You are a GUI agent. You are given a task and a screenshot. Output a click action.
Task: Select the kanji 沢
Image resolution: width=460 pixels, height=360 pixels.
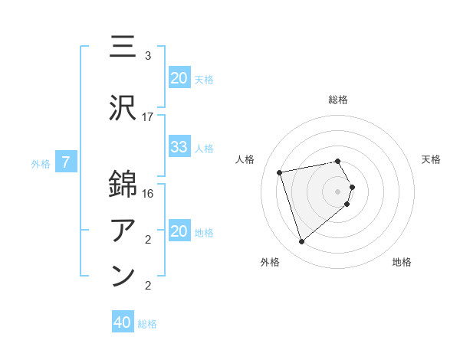pyautogui.click(x=123, y=108)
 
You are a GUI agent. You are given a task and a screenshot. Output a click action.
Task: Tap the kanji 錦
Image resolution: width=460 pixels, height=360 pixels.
pyautogui.click(x=123, y=185)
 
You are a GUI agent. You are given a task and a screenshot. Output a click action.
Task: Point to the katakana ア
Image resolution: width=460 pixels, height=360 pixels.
pyautogui.click(x=123, y=229)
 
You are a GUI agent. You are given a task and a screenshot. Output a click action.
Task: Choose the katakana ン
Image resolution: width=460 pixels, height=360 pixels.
pyautogui.click(x=123, y=274)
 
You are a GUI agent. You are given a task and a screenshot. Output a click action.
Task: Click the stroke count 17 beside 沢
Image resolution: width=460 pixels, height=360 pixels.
pyautogui.click(x=148, y=117)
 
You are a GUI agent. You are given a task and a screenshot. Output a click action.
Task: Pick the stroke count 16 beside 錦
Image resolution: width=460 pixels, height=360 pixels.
pyautogui.click(x=148, y=194)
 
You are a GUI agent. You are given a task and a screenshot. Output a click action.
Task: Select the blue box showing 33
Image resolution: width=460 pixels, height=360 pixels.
pyautogui.click(x=179, y=147)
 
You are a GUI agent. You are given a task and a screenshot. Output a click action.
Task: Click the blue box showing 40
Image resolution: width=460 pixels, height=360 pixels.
pyautogui.click(x=123, y=323)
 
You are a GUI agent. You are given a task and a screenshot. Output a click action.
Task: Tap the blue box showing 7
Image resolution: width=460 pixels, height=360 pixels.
pyautogui.click(x=66, y=162)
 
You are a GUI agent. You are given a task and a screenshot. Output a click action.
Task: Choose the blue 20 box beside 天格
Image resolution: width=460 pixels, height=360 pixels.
pyautogui.click(x=179, y=77)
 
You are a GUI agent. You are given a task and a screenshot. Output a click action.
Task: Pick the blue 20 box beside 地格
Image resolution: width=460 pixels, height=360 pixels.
pyautogui.click(x=179, y=231)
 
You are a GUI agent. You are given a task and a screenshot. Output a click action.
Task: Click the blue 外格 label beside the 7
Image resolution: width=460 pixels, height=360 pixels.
pyautogui.click(x=41, y=163)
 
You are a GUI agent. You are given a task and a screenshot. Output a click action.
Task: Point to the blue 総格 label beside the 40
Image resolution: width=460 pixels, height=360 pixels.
pyautogui.click(x=147, y=324)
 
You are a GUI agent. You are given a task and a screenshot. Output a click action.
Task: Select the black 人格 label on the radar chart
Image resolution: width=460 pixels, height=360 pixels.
pyautogui.click(x=246, y=159)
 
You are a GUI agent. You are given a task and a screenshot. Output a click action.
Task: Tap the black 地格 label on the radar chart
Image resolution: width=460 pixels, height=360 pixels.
pyautogui.click(x=402, y=262)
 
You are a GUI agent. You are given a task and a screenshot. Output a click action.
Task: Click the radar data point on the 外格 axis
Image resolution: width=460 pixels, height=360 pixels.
pyautogui.click(x=301, y=242)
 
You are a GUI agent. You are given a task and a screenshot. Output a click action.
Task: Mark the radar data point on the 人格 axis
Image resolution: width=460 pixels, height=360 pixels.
pyautogui.click(x=280, y=172)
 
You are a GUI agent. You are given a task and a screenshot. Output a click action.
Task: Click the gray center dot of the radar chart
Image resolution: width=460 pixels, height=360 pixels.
pyautogui.click(x=338, y=191)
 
